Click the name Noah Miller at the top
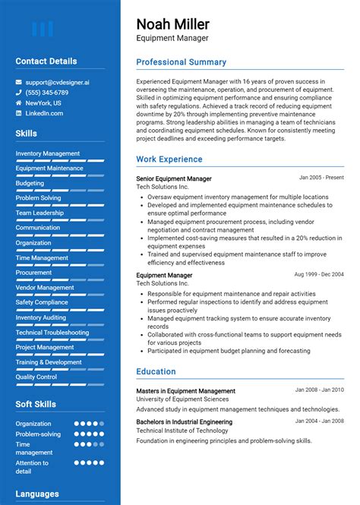tap(172, 24)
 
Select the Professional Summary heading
tap(181, 62)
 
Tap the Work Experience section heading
tap(169, 159)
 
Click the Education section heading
tap(156, 371)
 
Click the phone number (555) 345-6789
tap(46, 92)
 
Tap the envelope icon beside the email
tap(19, 81)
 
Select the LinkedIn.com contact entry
tap(44, 113)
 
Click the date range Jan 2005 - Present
tap(321, 178)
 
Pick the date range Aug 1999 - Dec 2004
tap(319, 274)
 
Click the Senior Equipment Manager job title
tap(174, 178)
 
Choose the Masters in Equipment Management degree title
tap(185, 391)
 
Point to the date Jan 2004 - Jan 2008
tap(319, 421)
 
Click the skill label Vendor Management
tap(45, 288)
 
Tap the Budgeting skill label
tap(30, 183)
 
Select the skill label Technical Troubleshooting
tap(52, 333)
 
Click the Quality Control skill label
tap(36, 377)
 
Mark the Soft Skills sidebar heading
tap(36, 404)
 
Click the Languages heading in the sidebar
tap(37, 494)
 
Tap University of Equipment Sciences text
tap(182, 399)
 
